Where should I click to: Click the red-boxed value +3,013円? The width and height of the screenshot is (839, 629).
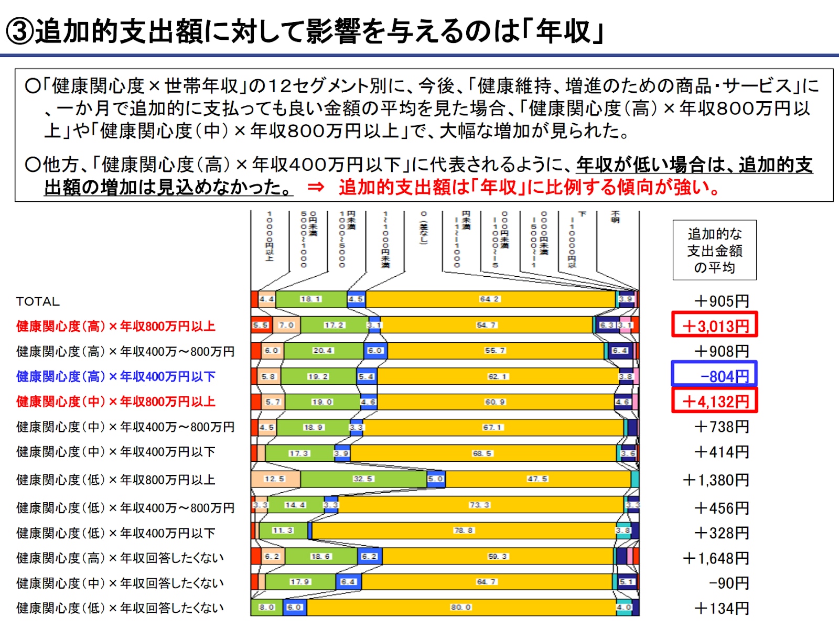(x=715, y=325)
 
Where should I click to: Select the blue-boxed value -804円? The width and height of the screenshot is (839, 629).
(x=715, y=375)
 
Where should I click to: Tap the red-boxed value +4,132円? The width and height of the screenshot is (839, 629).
(x=715, y=401)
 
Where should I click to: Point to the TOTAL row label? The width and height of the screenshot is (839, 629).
(x=38, y=301)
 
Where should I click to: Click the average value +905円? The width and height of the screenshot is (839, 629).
(x=722, y=301)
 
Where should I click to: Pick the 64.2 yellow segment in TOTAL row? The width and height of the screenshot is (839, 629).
(x=490, y=299)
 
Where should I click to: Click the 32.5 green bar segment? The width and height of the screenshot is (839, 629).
(x=363, y=479)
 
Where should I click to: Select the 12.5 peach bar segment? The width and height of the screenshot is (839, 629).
(x=275, y=479)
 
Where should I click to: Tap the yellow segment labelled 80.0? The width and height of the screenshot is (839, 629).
(x=461, y=607)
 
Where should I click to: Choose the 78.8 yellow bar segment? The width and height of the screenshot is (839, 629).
(x=464, y=530)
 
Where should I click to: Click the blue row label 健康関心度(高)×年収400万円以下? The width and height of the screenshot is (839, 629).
(x=116, y=376)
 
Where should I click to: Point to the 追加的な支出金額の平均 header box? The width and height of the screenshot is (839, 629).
(x=715, y=250)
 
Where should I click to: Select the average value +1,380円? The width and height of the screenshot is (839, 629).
(x=716, y=480)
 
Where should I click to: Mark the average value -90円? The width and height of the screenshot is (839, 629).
(x=729, y=583)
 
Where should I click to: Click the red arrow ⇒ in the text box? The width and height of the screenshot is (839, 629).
(x=316, y=187)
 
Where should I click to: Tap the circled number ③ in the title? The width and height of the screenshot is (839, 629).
(x=19, y=31)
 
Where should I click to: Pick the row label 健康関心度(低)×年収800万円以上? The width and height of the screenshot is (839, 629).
(x=116, y=480)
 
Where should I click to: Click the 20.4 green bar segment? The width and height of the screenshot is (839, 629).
(x=323, y=351)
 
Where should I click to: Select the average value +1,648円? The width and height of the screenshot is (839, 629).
(x=716, y=558)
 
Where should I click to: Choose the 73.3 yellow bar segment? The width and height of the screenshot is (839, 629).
(x=479, y=505)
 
